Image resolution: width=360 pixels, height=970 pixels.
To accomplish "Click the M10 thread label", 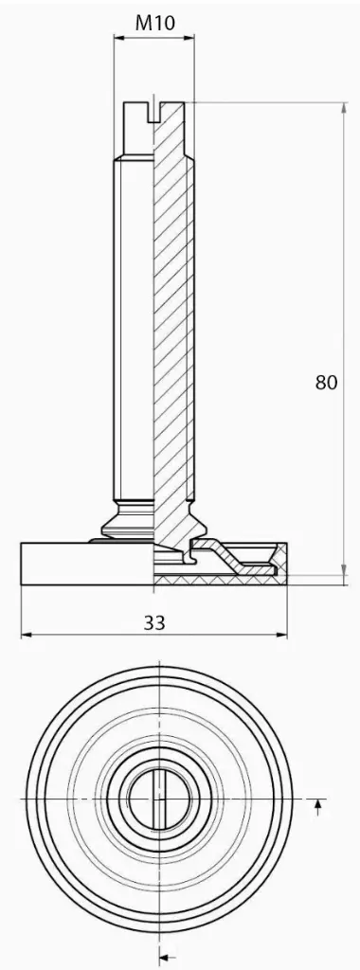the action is click(155, 23).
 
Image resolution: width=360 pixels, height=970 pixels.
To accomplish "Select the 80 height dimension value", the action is click(327, 383).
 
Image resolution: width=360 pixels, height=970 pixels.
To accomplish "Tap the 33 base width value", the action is click(154, 623).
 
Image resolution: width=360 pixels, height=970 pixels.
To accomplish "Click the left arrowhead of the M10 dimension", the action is click(118, 38).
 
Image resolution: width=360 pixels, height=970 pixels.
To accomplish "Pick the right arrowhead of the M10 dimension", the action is click(189, 38).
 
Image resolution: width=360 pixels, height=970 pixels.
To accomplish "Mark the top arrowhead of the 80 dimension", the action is click(344, 108).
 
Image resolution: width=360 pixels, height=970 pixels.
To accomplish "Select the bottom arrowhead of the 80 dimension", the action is click(344, 569).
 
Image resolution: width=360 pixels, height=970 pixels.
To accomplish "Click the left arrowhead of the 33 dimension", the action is click(27, 635).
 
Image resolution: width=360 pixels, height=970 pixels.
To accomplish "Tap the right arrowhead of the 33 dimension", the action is click(282, 635).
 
